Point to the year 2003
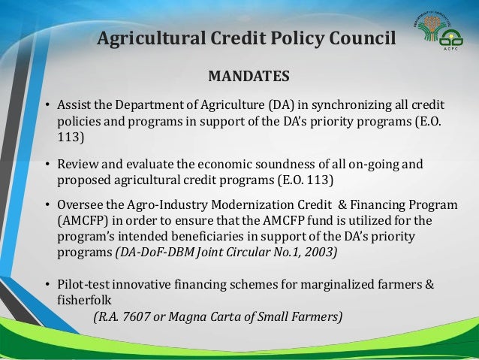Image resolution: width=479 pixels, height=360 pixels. tap(321, 253)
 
